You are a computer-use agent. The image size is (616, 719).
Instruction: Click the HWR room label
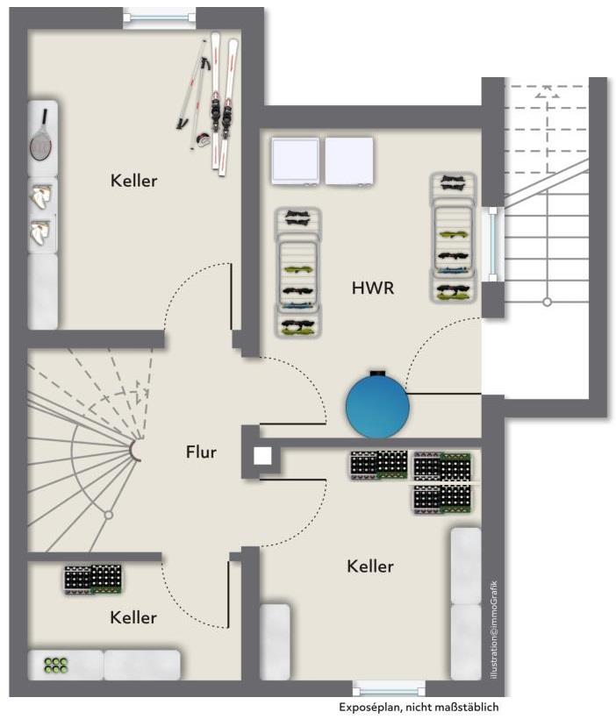[x=373, y=287]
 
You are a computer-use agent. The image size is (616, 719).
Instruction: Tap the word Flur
[x=201, y=452]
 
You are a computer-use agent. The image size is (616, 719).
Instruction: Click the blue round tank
[x=377, y=404]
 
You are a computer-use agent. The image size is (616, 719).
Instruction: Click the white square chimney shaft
[x=261, y=455]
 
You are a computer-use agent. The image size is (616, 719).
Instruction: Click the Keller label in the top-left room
[x=133, y=182]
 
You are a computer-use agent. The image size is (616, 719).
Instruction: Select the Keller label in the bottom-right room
[x=369, y=566]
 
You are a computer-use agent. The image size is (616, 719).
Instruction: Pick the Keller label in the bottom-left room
[x=133, y=617]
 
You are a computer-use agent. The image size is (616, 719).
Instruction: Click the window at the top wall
[x=159, y=16]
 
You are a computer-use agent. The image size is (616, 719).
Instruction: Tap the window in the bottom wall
[x=388, y=688]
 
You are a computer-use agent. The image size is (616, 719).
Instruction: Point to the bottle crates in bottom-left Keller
[x=92, y=580]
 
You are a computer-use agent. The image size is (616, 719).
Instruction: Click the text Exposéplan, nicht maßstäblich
[x=423, y=707]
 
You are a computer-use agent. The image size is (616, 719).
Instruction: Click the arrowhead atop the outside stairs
[x=548, y=89]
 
